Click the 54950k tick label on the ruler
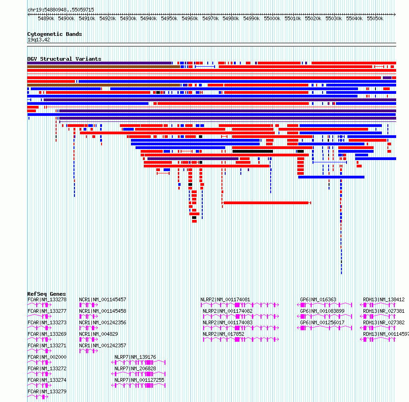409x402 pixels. pyautogui.click(x=169, y=18)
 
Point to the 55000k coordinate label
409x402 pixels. pyautogui.click(x=272, y=18)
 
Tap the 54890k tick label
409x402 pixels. pyautogui.click(x=46, y=18)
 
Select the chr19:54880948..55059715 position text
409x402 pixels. pyautogui.click(x=61, y=10)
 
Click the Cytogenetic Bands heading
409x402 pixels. pyautogui.click(x=55, y=34)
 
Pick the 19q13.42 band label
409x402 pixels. pyautogui.click(x=39, y=40)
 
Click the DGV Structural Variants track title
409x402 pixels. pyautogui.click(x=64, y=59)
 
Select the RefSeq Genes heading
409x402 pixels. pyautogui.click(x=46, y=294)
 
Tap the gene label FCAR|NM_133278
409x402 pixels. pyautogui.click(x=47, y=299)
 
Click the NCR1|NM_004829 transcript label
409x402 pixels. pyautogui.click(x=99, y=334)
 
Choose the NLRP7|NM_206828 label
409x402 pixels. pyautogui.click(x=136, y=368)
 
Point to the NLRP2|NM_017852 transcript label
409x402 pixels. pyautogui.click(x=223, y=334)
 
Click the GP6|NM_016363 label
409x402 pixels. pyautogui.click(x=318, y=299)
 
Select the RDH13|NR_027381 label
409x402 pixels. pyautogui.click(x=384, y=311)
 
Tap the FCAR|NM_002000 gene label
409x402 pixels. pyautogui.click(x=47, y=357)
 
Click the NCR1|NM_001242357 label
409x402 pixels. pyautogui.click(x=103, y=345)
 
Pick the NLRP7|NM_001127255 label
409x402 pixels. pyautogui.click(x=139, y=380)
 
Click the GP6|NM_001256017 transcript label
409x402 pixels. pyautogui.click(x=323, y=322)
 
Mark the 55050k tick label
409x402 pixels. pyautogui.click(x=375, y=18)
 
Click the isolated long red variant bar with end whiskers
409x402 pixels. pyautogui.click(x=267, y=203)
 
